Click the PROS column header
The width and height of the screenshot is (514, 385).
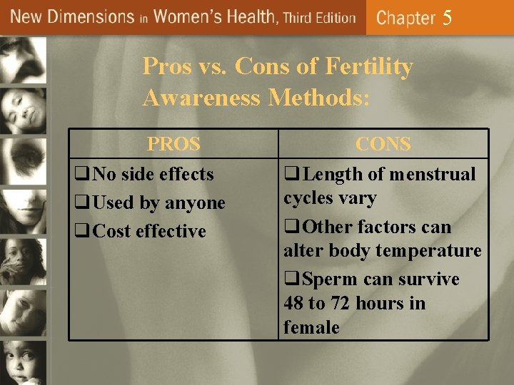[173, 144]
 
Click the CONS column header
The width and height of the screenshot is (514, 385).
[383, 144]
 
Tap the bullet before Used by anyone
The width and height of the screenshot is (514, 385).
[81, 203]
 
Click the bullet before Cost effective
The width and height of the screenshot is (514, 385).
[81, 232]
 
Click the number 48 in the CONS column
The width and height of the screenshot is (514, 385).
[293, 304]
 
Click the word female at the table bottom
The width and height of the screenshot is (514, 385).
[311, 327]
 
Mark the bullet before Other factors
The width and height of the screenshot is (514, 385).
[291, 227]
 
